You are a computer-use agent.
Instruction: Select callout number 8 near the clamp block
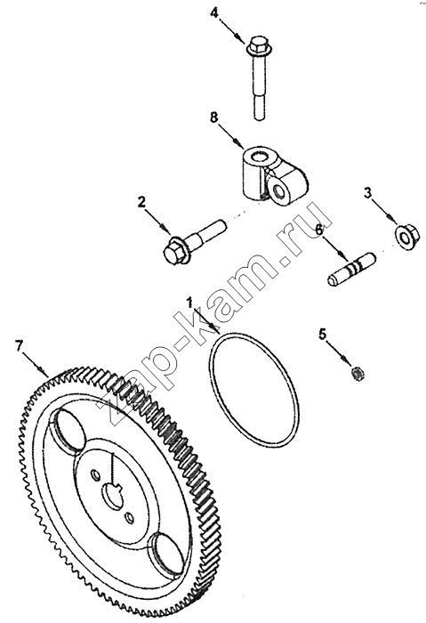214,117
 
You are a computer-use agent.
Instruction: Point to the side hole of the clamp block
281,192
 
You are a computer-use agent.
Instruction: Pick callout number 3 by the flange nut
368,193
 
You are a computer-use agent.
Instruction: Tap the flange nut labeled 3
404,238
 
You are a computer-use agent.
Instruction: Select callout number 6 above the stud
319,230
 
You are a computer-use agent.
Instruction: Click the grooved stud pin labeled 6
352,270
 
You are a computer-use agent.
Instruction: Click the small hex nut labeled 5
358,374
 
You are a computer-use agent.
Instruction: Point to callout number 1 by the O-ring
189,303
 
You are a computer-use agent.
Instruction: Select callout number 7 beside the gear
19,345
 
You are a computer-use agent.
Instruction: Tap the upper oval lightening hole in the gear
69,431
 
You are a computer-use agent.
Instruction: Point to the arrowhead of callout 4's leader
242,37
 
